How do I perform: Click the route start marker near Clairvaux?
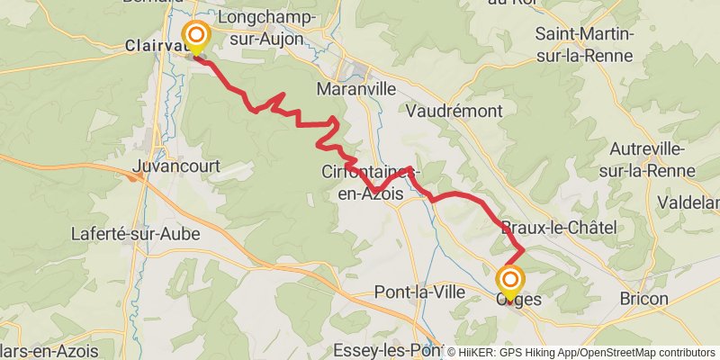point(195,38)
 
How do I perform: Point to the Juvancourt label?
point(175,166)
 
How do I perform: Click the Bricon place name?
point(644,298)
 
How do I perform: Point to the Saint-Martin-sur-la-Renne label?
point(585,45)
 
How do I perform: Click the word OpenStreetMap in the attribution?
point(622,353)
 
